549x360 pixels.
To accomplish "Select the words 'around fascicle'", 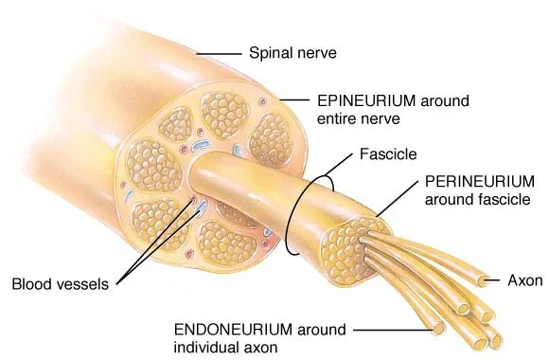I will pos(472,198).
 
